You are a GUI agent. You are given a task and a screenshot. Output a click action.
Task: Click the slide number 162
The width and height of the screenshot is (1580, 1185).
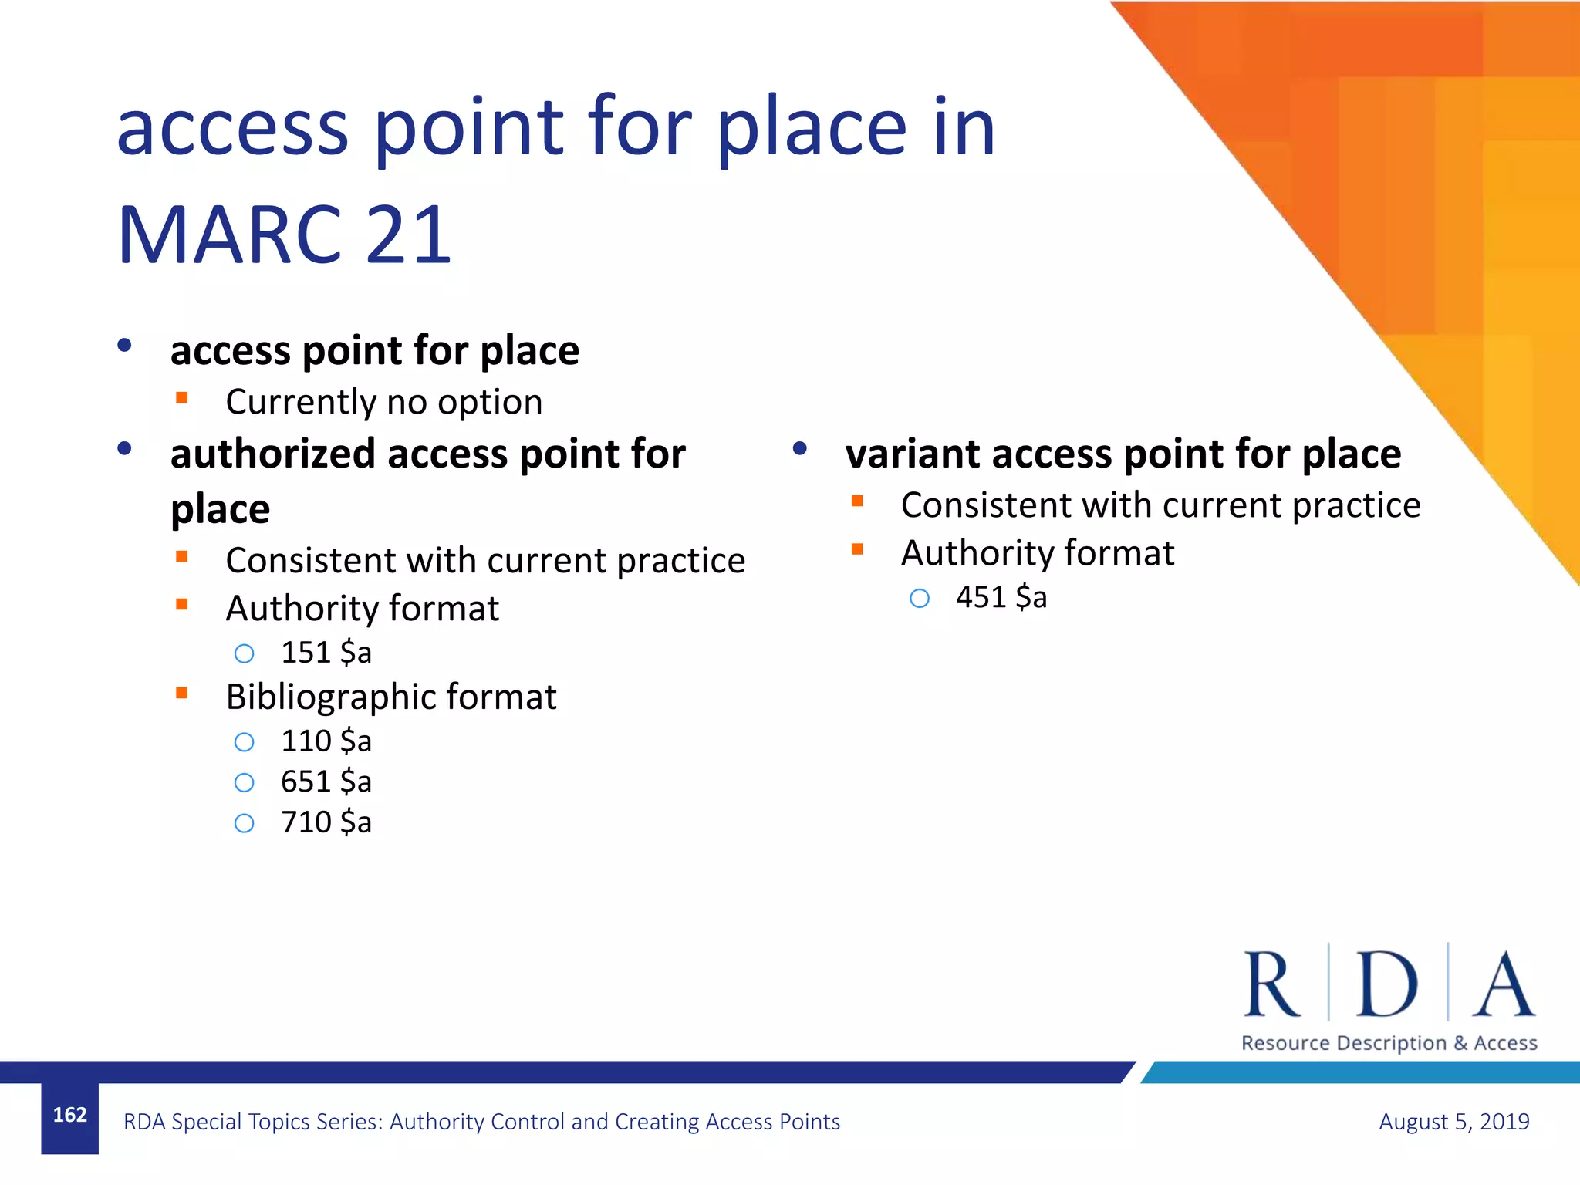pyautogui.click(x=69, y=1115)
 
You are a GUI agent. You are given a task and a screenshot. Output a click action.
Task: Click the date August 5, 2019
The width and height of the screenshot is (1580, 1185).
pyautogui.click(x=1453, y=1121)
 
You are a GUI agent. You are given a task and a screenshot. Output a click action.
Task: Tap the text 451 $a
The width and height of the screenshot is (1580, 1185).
pyautogui.click(x=1001, y=597)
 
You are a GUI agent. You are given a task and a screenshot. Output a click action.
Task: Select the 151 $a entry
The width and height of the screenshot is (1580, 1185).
pyautogui.click(x=326, y=653)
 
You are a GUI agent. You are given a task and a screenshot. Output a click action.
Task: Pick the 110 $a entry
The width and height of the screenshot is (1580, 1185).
pyautogui.click(x=326, y=741)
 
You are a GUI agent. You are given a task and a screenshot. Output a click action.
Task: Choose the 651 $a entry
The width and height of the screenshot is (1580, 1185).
pyautogui.click(x=326, y=782)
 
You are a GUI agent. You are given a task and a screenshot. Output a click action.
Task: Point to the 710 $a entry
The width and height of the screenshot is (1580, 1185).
pyautogui.click(x=326, y=822)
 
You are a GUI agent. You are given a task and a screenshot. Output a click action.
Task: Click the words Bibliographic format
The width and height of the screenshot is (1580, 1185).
pyautogui.click(x=390, y=697)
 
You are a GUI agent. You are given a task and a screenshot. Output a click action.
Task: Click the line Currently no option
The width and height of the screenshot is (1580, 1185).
pyautogui.click(x=383, y=402)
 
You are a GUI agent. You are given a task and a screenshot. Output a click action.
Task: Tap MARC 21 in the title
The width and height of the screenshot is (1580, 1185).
pyautogui.click(x=284, y=235)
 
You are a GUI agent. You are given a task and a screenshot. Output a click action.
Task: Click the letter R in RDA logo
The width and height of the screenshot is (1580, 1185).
pyautogui.click(x=1271, y=984)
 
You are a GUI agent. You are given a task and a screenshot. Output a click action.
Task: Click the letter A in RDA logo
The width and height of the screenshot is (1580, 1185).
pyautogui.click(x=1503, y=984)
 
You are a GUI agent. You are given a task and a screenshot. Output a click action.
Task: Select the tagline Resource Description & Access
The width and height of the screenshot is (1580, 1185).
pyautogui.click(x=1389, y=1043)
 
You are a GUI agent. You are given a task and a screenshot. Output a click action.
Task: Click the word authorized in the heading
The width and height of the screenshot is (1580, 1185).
pyautogui.click(x=272, y=454)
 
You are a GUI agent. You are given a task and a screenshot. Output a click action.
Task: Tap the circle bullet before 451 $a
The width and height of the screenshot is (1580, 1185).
pyautogui.click(x=919, y=598)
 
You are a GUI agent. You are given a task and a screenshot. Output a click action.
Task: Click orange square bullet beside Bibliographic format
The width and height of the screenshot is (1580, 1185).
pyautogui.click(x=182, y=693)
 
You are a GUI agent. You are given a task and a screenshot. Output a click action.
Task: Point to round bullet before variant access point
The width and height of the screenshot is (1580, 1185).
pyautogui.click(x=799, y=448)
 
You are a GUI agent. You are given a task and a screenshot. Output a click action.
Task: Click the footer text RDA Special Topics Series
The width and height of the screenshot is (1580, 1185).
pyautogui.click(x=481, y=1121)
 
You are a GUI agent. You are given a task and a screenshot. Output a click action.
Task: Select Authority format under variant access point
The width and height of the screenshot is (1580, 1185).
pyautogui.click(x=1037, y=553)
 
